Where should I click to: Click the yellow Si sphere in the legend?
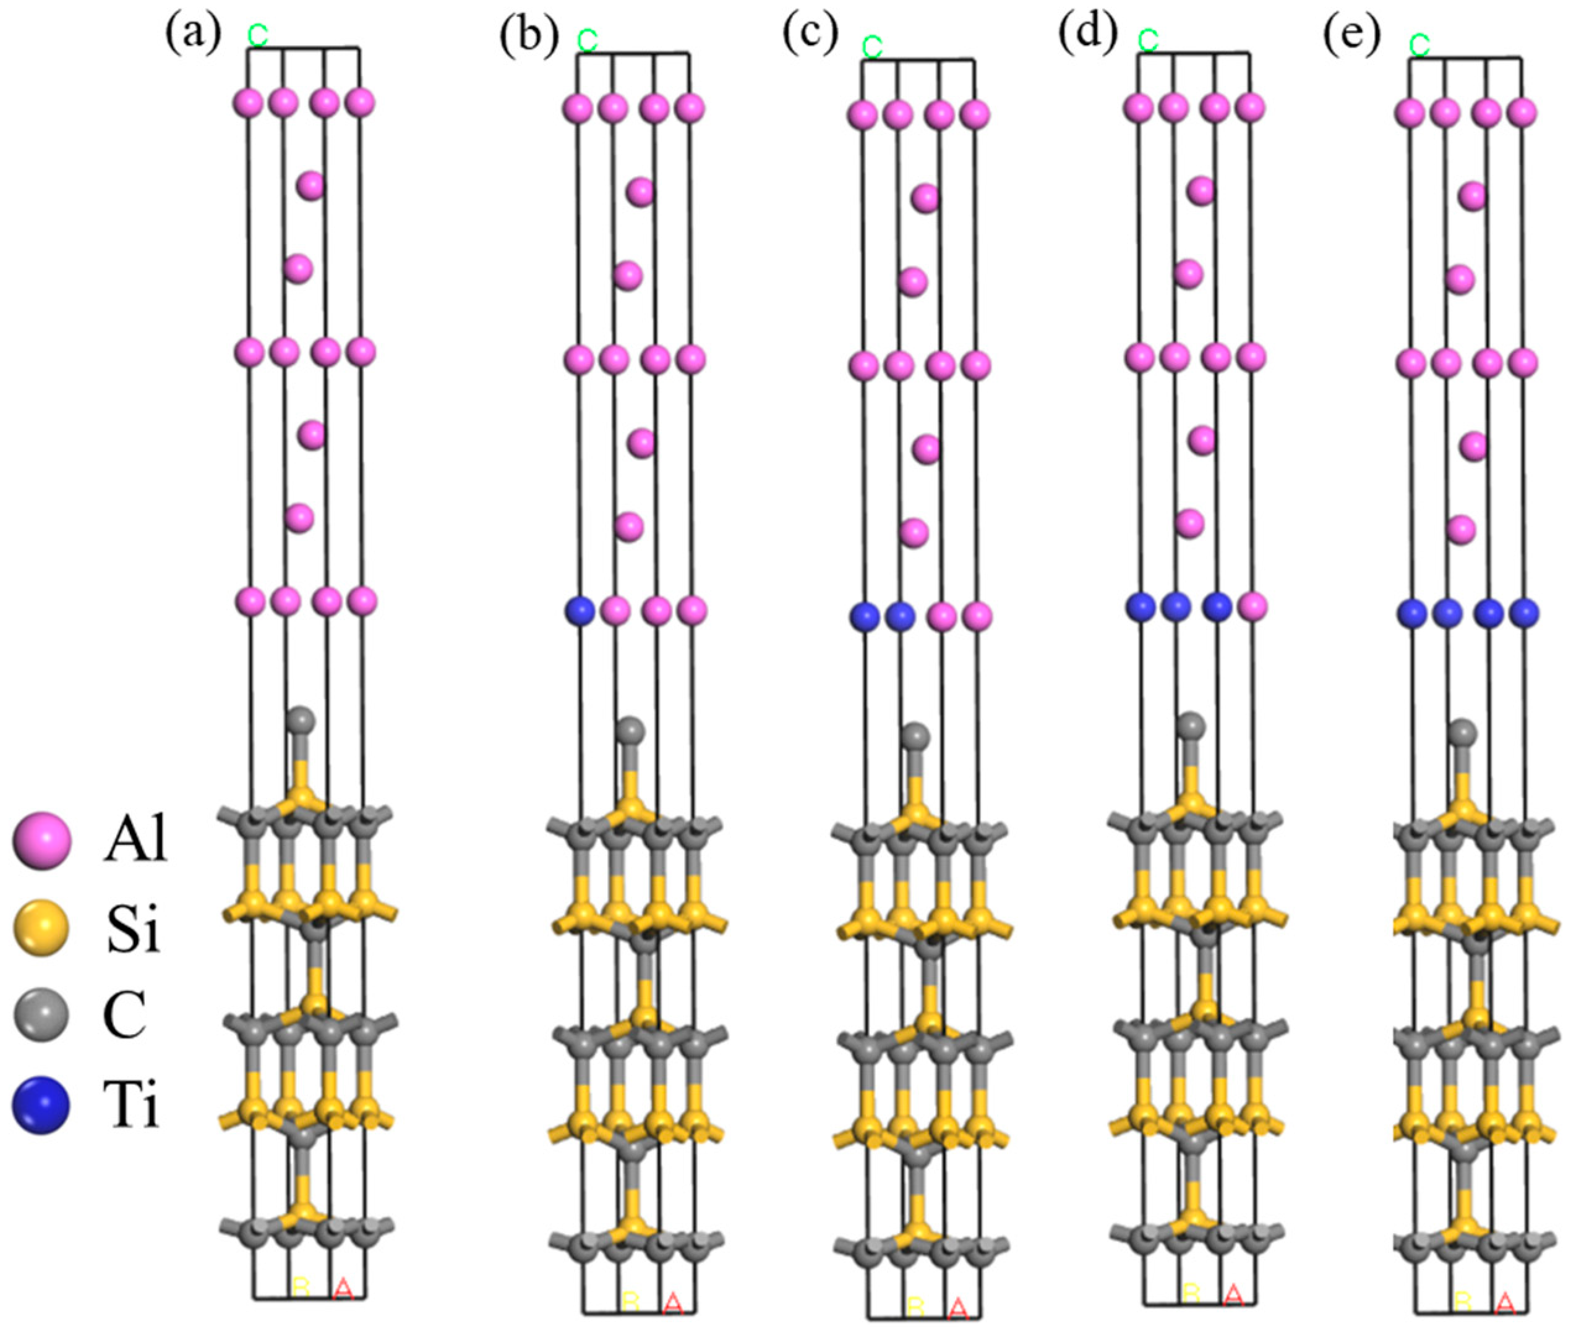(x=41, y=928)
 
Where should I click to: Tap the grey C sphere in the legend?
(x=41, y=1015)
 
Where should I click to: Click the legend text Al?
(x=135, y=842)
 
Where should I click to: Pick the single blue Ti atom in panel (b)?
(x=580, y=609)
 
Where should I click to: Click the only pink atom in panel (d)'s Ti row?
(x=1251, y=606)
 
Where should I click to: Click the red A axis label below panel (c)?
(x=957, y=1307)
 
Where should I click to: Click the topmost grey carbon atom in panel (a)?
(x=301, y=721)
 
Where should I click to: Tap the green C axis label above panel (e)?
(x=1419, y=45)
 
